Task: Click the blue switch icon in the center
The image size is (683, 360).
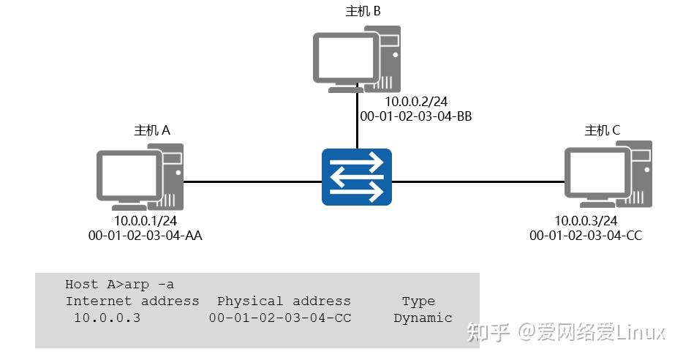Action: point(357,177)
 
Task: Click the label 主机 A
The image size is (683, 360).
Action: point(152,130)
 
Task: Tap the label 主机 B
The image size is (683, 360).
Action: point(363,12)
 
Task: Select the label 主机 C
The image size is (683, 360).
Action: point(603,130)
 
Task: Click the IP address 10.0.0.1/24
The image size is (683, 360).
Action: point(146,221)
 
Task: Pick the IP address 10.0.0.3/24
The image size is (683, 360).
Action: point(586,221)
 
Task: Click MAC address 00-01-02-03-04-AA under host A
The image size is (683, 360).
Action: point(146,236)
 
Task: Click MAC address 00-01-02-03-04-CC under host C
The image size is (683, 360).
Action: point(586,236)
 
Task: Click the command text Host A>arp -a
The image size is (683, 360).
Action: point(119,285)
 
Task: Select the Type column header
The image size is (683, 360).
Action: point(418,301)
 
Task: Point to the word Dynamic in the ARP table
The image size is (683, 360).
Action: point(423,318)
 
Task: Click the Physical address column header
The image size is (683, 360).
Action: point(284,301)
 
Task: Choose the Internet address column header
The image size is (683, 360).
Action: point(132,301)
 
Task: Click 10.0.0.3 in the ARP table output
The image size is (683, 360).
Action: point(107,318)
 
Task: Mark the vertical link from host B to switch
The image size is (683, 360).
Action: point(357,121)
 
